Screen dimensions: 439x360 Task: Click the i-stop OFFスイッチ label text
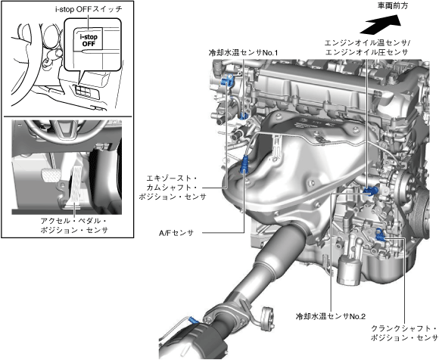click(x=89, y=9)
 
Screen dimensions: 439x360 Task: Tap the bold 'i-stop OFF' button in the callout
click(x=89, y=40)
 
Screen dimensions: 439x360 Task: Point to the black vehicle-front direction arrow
click(x=381, y=23)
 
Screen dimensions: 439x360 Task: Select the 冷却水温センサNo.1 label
click(x=243, y=52)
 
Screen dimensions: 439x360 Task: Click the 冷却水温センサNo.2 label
click(x=331, y=316)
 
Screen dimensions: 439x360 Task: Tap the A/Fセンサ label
click(x=176, y=232)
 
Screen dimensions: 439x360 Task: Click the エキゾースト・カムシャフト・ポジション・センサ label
click(x=172, y=187)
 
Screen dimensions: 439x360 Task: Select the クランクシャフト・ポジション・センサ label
click(x=404, y=333)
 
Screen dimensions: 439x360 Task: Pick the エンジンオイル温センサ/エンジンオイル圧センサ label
click(x=367, y=48)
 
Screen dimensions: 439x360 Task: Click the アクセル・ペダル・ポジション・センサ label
click(x=74, y=225)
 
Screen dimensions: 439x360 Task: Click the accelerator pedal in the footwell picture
click(x=76, y=187)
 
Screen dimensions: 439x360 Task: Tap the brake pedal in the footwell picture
click(x=49, y=175)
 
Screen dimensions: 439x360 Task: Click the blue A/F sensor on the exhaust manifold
click(x=244, y=164)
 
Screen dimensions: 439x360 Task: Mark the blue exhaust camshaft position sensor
click(x=226, y=81)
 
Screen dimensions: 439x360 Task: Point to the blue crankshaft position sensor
click(x=380, y=234)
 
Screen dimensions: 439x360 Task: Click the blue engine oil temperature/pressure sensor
click(x=370, y=191)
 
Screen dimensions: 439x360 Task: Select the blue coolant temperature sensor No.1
click(x=244, y=115)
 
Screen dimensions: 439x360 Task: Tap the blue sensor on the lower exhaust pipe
click(x=193, y=320)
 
